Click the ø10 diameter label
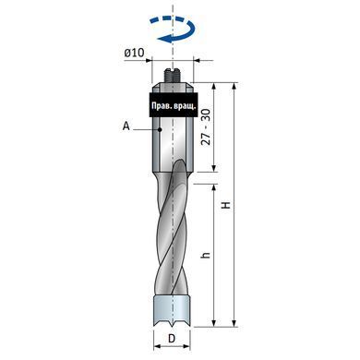coord(134,53)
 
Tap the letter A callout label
coord(126,126)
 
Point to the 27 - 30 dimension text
coord(206,126)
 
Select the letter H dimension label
coord(226,205)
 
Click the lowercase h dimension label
coord(207,255)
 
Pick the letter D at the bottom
coord(172,339)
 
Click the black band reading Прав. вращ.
coord(174,104)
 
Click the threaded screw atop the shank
coord(173,76)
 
